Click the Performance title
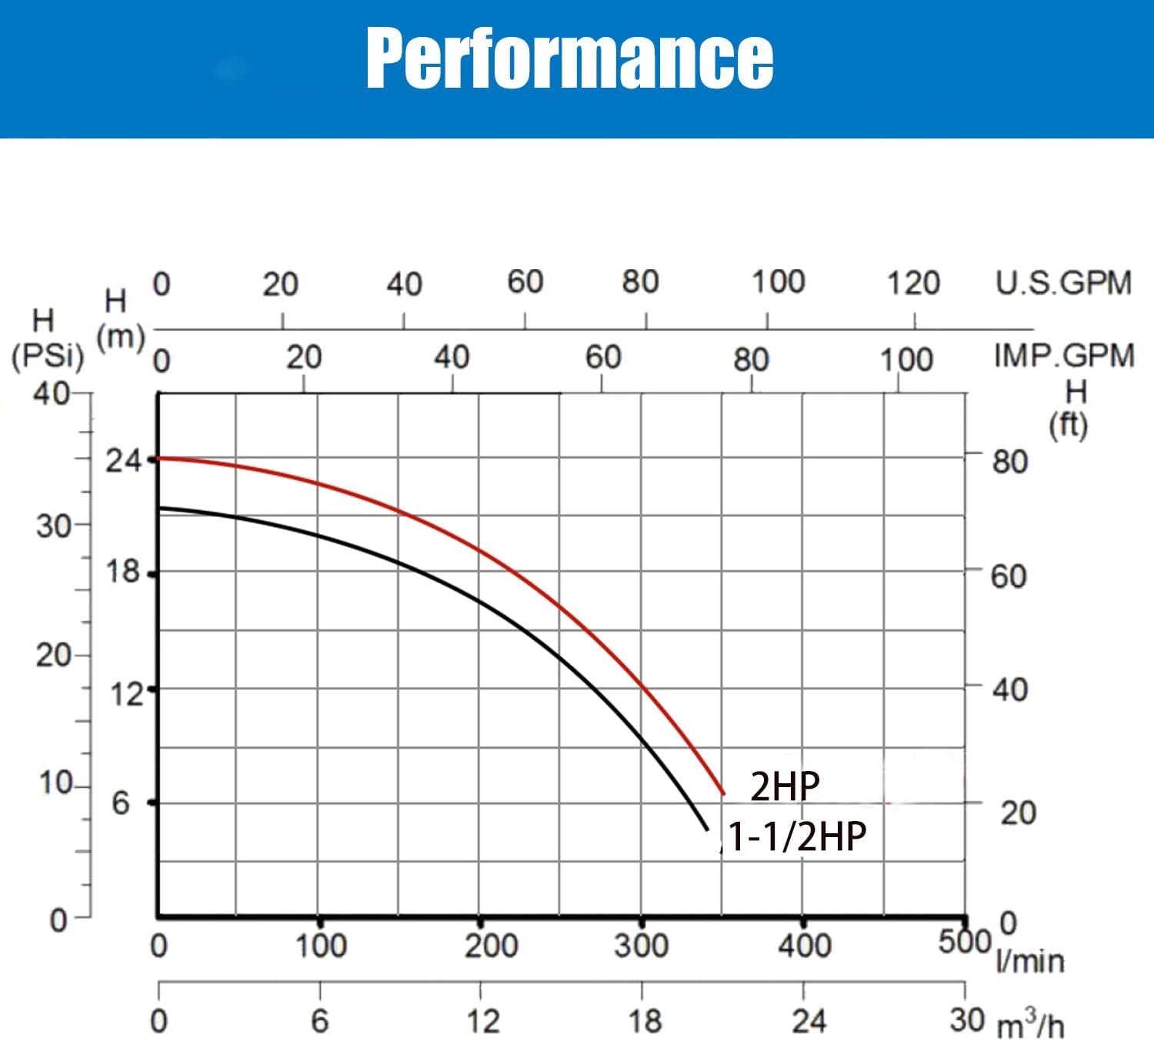tap(569, 58)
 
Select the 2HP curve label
tap(785, 786)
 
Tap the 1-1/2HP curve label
tap(797, 836)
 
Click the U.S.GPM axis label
tap(1063, 283)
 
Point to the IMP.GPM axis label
tap(1064, 355)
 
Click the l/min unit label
tap(1030, 961)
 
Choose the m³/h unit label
tap(1030, 1025)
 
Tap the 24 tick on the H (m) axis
tap(123, 461)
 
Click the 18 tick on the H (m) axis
tap(123, 572)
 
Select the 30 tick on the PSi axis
tap(54, 526)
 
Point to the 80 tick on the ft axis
tap(1009, 462)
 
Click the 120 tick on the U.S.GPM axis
tap(913, 283)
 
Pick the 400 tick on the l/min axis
tap(804, 946)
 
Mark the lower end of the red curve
tap(722, 792)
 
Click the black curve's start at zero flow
tap(159, 508)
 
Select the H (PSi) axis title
tap(46, 339)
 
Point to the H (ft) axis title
tap(1070, 408)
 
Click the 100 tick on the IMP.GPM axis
tap(906, 359)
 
